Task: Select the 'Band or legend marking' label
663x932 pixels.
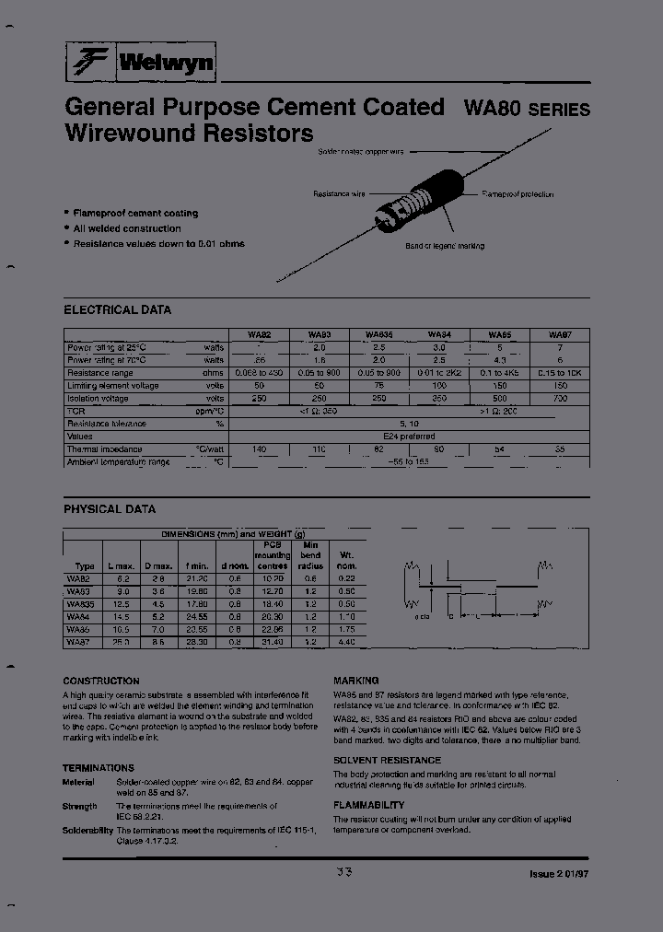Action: (445, 247)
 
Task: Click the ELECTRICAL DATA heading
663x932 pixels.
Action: (117, 310)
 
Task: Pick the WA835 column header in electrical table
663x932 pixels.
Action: (378, 335)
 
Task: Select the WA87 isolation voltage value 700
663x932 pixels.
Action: (558, 399)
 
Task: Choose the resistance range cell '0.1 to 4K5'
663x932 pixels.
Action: (499, 373)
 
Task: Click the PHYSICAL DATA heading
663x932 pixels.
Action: (110, 509)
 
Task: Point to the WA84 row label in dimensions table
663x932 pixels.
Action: (80, 616)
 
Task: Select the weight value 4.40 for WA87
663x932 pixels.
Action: (347, 641)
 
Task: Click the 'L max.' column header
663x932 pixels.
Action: (122, 565)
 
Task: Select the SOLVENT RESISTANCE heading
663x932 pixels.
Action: (387, 761)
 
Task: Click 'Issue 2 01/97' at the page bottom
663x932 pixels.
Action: (559, 873)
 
